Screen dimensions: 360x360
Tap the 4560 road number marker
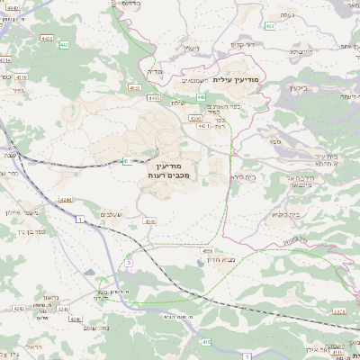click(x=195, y=117)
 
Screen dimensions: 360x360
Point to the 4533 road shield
click(x=134, y=88)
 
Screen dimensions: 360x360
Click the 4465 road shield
click(x=154, y=97)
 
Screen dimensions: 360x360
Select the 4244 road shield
click(x=66, y=200)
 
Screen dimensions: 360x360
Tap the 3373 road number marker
click(x=339, y=310)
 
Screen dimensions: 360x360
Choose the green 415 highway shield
click(x=206, y=341)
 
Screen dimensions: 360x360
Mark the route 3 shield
click(x=129, y=262)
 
